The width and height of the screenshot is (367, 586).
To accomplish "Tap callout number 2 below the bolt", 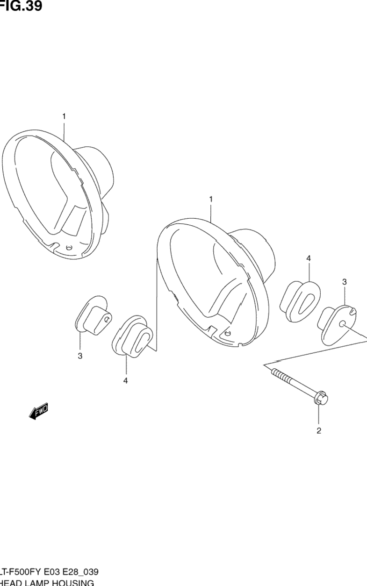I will tap(319, 431).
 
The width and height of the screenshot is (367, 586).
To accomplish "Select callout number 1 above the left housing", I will tap(64, 116).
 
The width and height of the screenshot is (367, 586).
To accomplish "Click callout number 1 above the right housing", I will tap(211, 200).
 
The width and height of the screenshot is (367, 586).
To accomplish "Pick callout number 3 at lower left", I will tap(80, 356).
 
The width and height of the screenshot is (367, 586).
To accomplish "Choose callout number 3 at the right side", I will tap(344, 282).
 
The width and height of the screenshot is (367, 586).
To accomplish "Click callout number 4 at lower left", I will tap(125, 380).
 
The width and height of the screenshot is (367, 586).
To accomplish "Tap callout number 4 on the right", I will tap(309, 258).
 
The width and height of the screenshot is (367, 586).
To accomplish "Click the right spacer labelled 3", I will tap(338, 324).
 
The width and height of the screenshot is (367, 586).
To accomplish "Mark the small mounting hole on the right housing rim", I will tap(228, 334).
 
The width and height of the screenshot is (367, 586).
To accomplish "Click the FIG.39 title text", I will tap(21, 6).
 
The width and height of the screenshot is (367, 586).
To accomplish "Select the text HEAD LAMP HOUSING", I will tap(47, 583).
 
